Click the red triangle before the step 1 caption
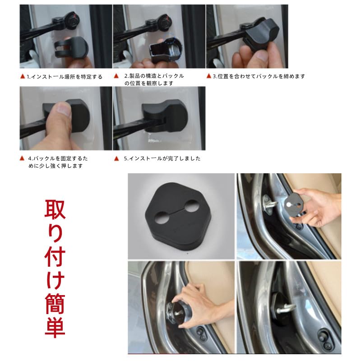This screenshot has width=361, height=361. pyautogui.click(x=23, y=77)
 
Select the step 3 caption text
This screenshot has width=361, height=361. pyautogui.click(x=259, y=76)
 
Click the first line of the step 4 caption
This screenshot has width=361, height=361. pyautogui.click(x=58, y=158)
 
